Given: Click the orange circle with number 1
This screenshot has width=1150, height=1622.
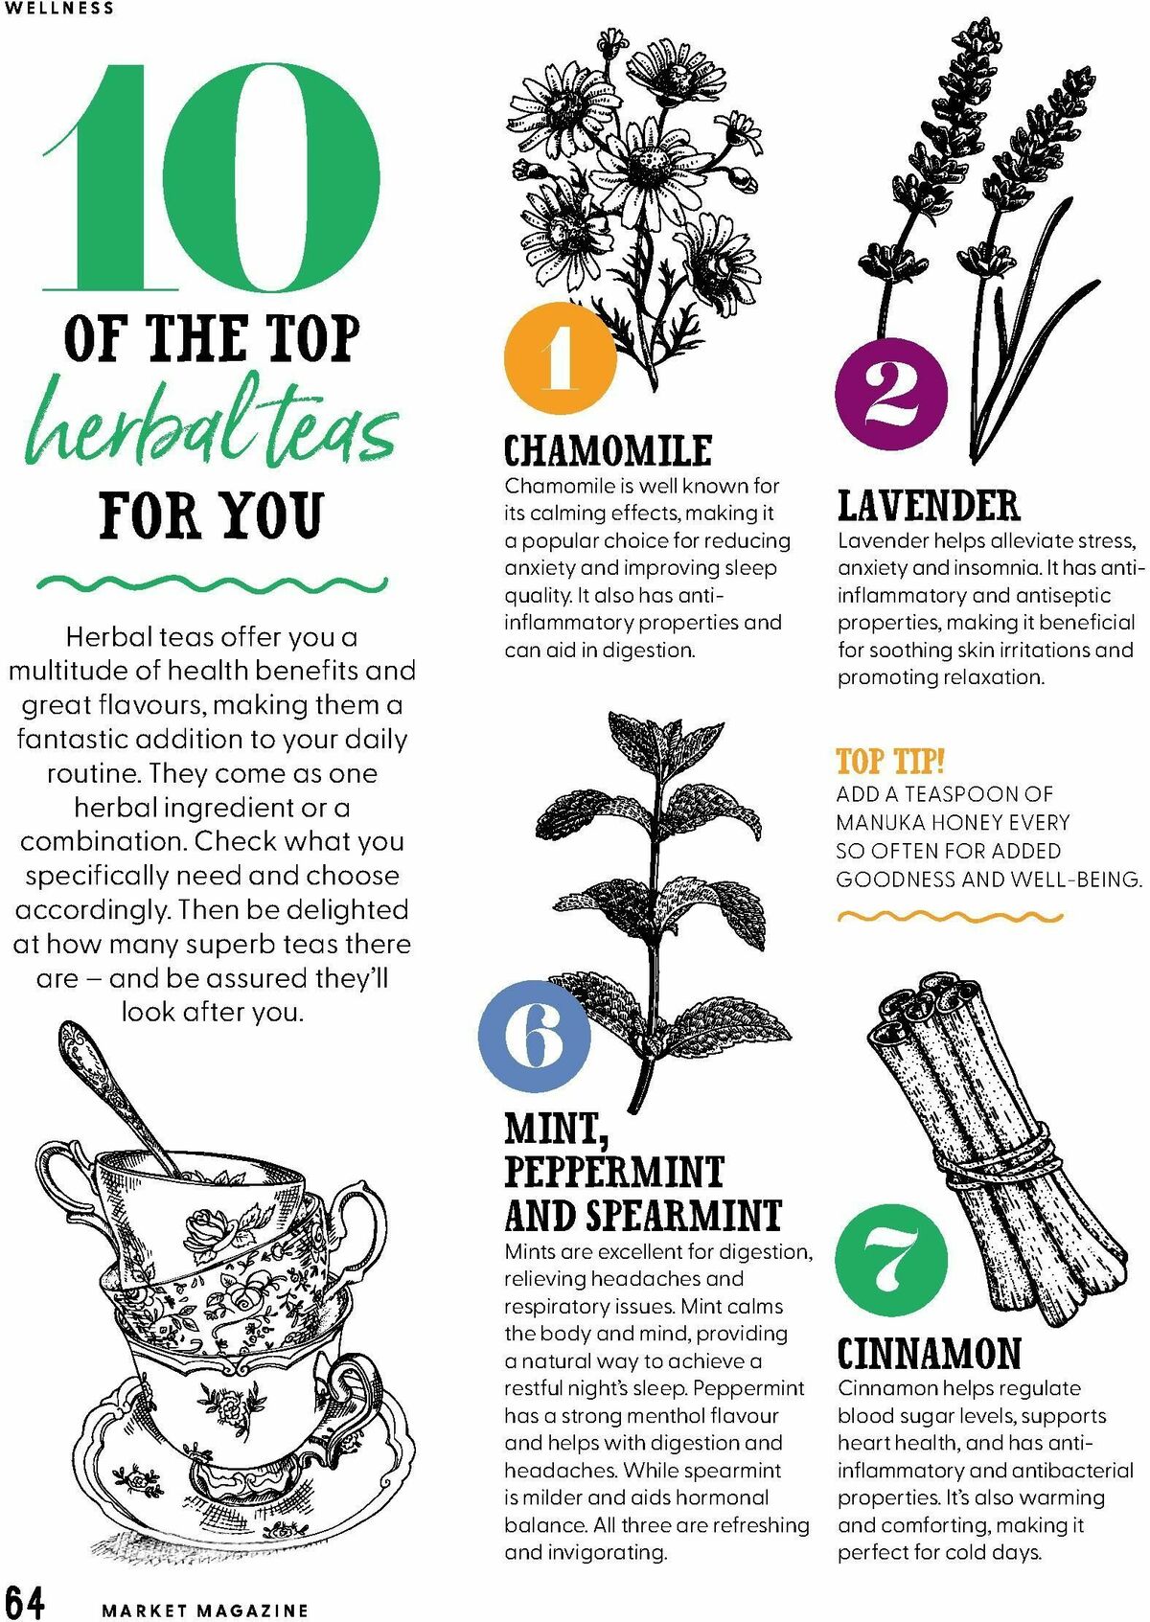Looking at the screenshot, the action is point(560,357).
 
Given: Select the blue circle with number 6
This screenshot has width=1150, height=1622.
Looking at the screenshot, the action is point(535,1037).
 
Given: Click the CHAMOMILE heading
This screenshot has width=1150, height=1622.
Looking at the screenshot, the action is point(608,451).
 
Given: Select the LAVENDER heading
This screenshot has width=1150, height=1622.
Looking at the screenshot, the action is point(930,506).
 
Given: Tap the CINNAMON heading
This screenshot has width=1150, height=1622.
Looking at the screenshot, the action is point(930,1354).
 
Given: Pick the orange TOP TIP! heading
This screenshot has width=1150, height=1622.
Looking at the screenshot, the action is point(890,762).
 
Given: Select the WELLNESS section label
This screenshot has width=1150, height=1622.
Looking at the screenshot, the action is point(58,8).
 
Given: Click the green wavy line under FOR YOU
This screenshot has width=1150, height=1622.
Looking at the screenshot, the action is point(212,583).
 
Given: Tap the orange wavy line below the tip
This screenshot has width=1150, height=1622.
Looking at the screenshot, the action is point(950,917).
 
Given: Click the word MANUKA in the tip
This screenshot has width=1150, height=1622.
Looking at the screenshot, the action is point(880,823).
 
